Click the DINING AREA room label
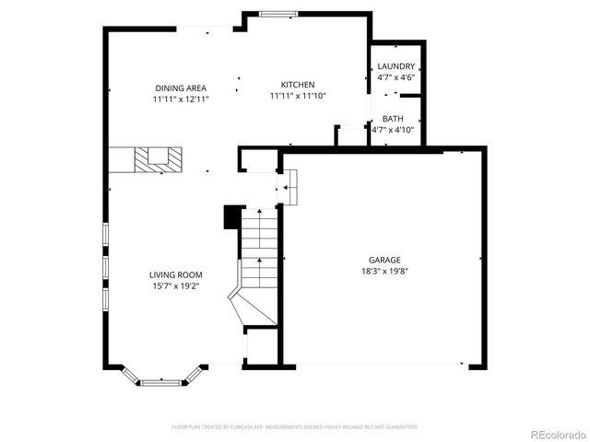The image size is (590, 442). click(x=182, y=88)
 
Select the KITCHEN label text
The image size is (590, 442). click(x=298, y=84)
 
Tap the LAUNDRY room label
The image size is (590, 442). click(x=396, y=66)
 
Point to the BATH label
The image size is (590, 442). click(x=393, y=119)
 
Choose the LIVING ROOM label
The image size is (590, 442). click(x=176, y=274)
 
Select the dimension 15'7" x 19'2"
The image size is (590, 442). click(x=176, y=285)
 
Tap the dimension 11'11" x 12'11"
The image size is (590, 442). click(x=182, y=99)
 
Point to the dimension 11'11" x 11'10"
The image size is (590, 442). click(x=298, y=95)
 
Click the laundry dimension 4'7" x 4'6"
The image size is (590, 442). click(x=396, y=77)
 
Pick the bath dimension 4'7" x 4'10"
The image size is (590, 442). click(x=393, y=130)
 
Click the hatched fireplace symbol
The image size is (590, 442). click(x=152, y=158)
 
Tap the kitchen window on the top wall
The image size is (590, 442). click(x=277, y=14)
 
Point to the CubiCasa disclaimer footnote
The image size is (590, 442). click(x=295, y=427)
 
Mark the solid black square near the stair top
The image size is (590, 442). click(x=232, y=216)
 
